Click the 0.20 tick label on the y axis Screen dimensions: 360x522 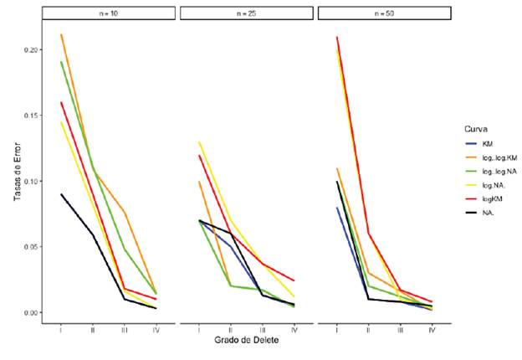pyautogui.click(x=30, y=50)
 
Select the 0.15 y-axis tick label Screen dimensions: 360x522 pyautogui.click(x=30, y=116)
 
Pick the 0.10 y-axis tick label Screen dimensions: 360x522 pyautogui.click(x=30, y=181)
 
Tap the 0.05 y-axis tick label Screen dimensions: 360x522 pyautogui.click(x=30, y=247)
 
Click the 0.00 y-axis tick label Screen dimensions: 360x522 pyautogui.click(x=30, y=312)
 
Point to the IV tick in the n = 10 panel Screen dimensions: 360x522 pyautogui.click(x=156, y=330)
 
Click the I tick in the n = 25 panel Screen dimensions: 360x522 pyautogui.click(x=198, y=330)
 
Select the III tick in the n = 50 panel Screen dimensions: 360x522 pyautogui.click(x=400, y=330)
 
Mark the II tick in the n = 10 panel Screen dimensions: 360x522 pyautogui.click(x=93, y=330)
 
